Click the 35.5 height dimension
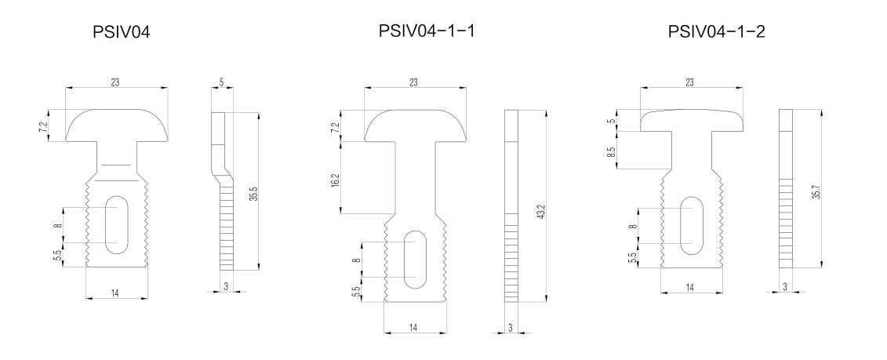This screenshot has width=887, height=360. pos(252,194)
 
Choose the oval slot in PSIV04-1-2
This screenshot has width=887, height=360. pos(691,224)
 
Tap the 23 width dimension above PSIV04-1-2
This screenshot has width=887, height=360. pos(690,82)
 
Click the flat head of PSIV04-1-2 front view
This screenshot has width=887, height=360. pos(691,118)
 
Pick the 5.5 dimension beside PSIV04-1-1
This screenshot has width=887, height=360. pos(355,290)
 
